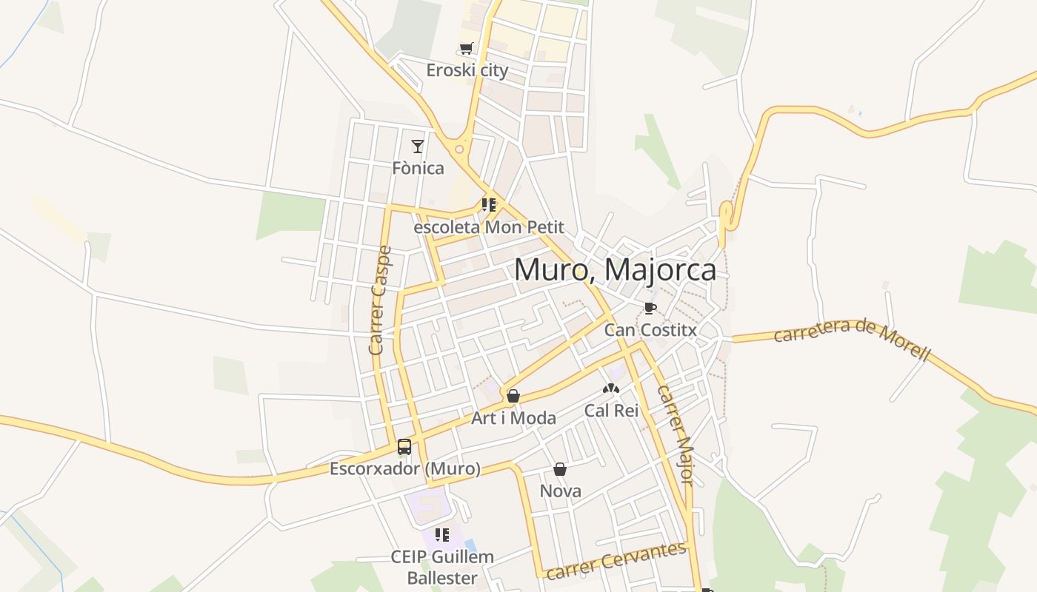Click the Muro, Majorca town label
(615, 270)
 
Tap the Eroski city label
(467, 70)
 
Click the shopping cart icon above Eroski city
(466, 49)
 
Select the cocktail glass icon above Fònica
(418, 146)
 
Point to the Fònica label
(419, 168)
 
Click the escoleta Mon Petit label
(489, 227)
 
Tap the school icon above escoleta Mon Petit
(489, 205)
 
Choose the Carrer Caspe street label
(379, 300)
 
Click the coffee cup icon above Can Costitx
(650, 308)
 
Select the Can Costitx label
(650, 330)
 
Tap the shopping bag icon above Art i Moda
(513, 396)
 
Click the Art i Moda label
(514, 418)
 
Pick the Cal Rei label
(611, 410)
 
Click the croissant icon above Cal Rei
(610, 388)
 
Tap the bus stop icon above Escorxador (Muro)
(404, 447)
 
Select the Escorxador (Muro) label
(405, 468)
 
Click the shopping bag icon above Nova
(560, 469)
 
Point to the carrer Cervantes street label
(617, 560)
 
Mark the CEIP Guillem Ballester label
(442, 567)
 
